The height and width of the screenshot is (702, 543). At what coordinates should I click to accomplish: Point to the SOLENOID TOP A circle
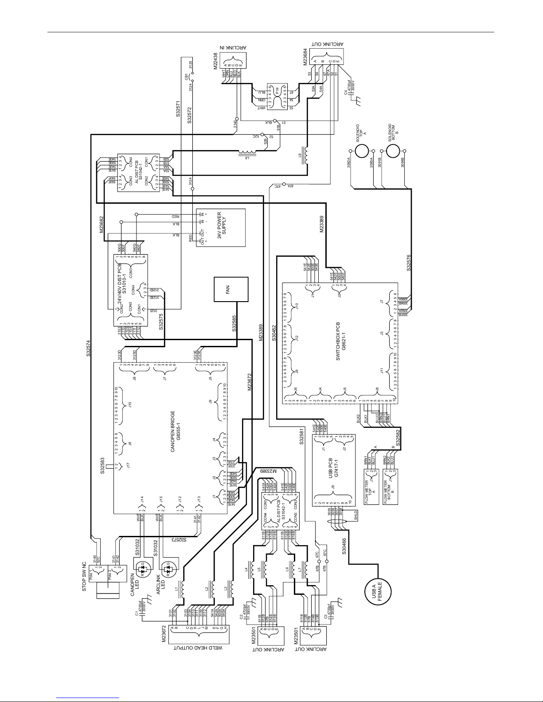pyautogui.click(x=362, y=150)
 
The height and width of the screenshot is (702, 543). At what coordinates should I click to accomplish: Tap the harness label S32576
pyautogui.click(x=409, y=262)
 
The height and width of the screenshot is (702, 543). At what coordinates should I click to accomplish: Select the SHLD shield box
pyautogui.click(x=355, y=515)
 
